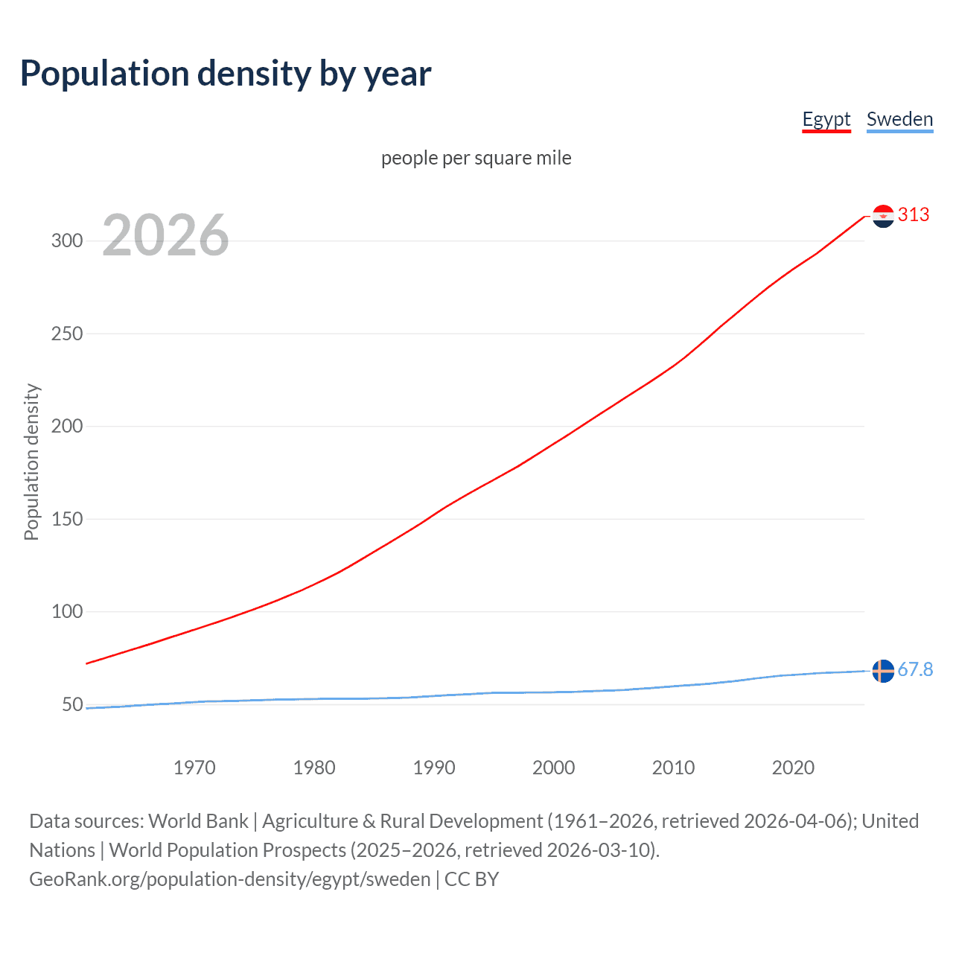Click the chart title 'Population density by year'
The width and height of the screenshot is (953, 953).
click(x=226, y=74)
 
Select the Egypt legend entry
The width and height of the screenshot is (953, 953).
click(x=826, y=119)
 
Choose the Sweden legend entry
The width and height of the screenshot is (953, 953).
click(x=899, y=119)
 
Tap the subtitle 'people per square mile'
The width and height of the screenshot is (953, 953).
click(x=476, y=158)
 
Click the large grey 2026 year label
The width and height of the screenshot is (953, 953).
click(x=165, y=235)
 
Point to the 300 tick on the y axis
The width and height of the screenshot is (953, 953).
click(x=67, y=240)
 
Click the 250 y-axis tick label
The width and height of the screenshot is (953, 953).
click(x=67, y=334)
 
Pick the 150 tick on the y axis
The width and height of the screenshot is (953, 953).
click(x=67, y=519)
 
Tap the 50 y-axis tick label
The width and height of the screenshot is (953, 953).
click(x=72, y=704)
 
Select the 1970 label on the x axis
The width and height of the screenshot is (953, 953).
click(x=194, y=768)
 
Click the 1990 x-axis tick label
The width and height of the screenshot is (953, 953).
click(x=434, y=768)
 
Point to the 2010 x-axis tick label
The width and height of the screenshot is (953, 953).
click(x=673, y=768)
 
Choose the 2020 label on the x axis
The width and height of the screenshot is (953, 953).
click(x=793, y=768)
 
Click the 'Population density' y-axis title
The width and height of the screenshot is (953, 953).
click(x=31, y=462)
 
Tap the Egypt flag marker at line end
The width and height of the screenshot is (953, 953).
click(x=883, y=216)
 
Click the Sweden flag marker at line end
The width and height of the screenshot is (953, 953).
click(x=883, y=671)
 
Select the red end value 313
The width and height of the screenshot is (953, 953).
click(x=914, y=215)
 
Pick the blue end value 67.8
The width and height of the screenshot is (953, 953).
click(x=915, y=670)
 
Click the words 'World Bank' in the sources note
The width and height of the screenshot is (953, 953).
click(x=198, y=821)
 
